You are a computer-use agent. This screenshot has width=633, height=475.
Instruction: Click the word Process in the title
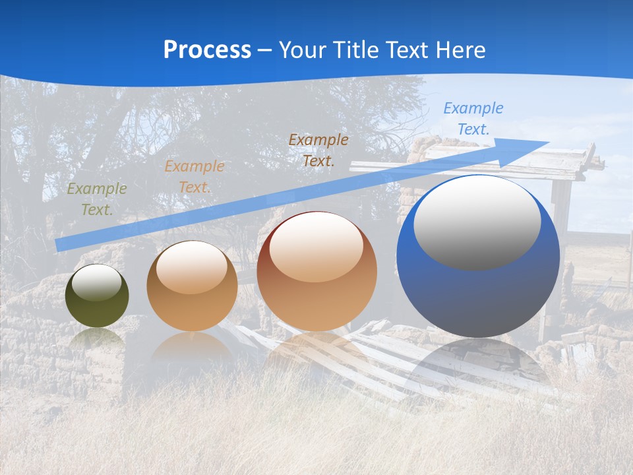pos(207,50)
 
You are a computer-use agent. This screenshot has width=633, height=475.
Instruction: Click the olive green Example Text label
pos(96,199)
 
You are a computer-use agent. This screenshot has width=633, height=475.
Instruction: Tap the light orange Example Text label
pos(195,177)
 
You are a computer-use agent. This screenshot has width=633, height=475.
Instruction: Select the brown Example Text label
pos(318,150)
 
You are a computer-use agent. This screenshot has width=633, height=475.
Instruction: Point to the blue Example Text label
pos(473,119)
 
